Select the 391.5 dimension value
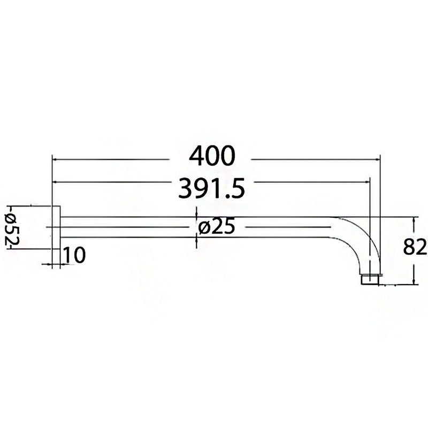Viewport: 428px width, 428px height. pyautogui.click(x=212, y=188)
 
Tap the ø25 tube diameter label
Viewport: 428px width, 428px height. pyautogui.click(x=216, y=227)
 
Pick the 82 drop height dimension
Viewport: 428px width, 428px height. pyautogui.click(x=415, y=248)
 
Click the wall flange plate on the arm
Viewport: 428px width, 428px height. pyautogui.click(x=56, y=227)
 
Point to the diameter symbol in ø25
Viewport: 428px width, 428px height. pyautogui.click(x=203, y=228)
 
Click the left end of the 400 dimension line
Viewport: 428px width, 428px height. pyautogui.click(x=53, y=158)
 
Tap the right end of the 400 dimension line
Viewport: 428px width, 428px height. pyautogui.click(x=379, y=158)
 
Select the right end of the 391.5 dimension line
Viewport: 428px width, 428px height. pyautogui.click(x=370, y=182)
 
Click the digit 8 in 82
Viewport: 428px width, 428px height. pyautogui.click(x=409, y=248)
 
